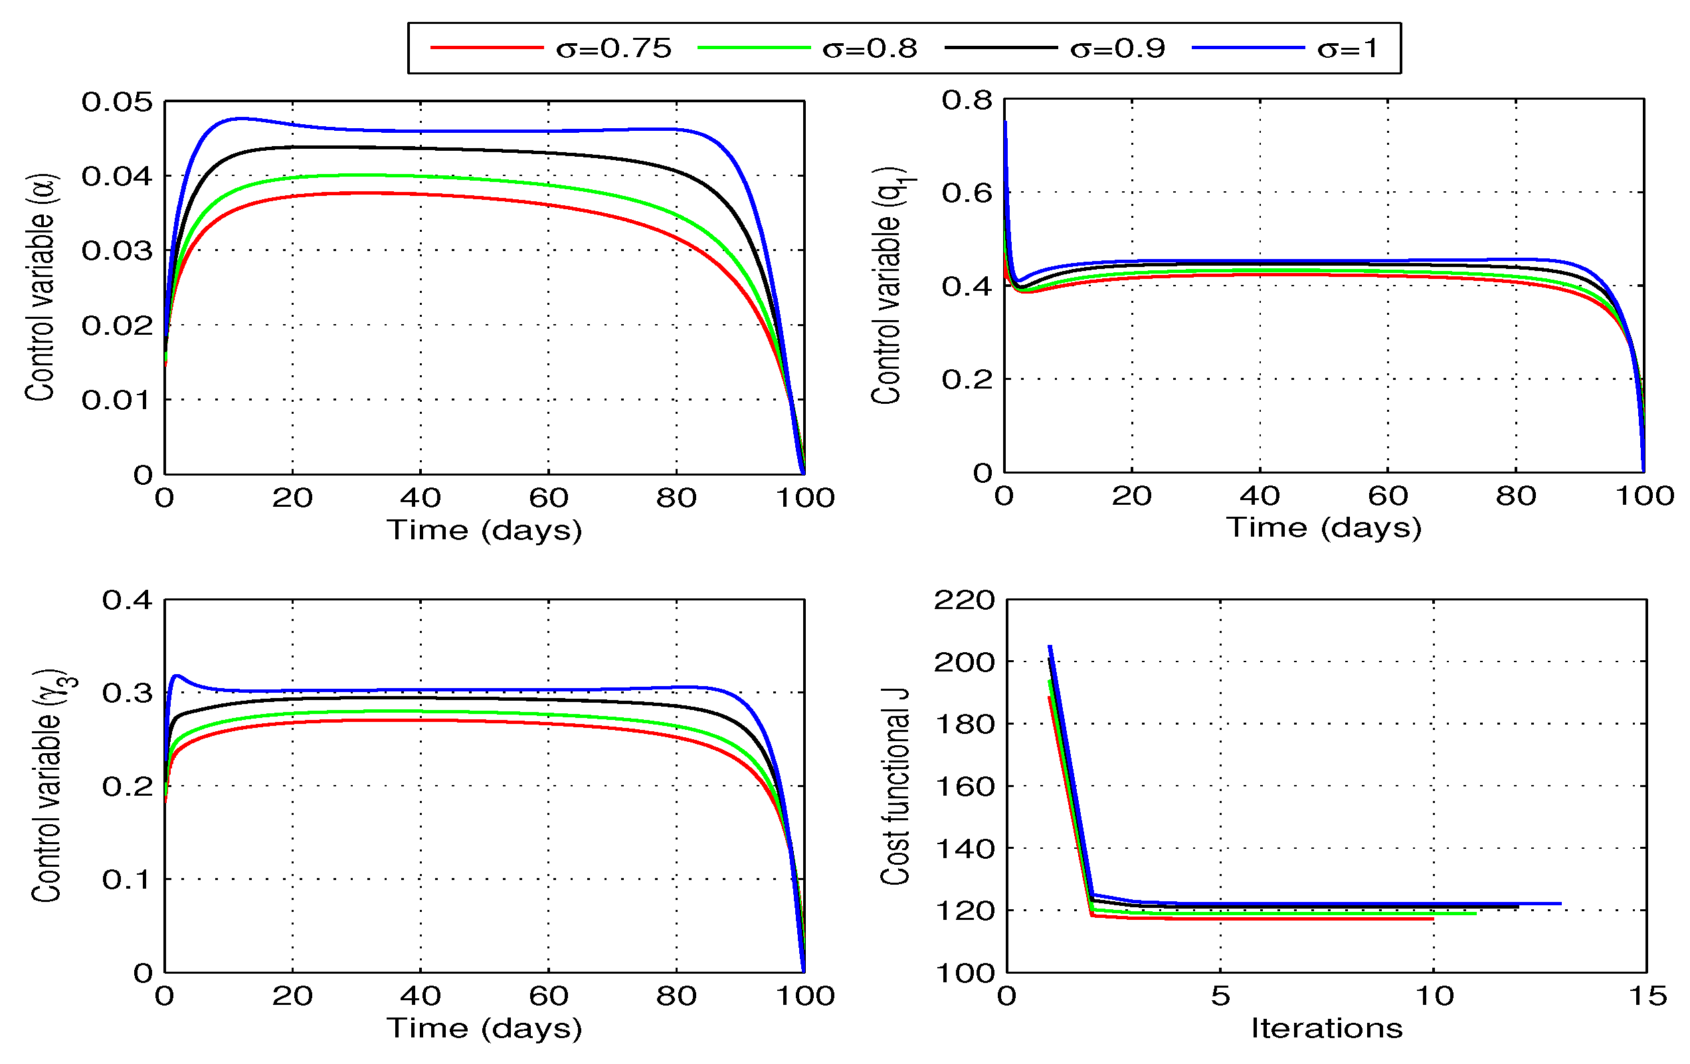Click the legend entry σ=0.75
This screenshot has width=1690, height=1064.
click(613, 48)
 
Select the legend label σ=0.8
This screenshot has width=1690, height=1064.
click(870, 48)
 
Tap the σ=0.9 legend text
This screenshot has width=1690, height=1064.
click(1117, 48)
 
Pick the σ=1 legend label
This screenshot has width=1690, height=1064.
click(1347, 48)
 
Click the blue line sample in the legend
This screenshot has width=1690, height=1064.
click(1248, 48)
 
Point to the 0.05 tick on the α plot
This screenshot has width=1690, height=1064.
click(116, 102)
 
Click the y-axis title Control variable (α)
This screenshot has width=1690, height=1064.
click(40, 288)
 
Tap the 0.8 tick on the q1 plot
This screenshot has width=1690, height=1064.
click(967, 100)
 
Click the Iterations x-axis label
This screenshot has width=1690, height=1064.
click(1327, 1029)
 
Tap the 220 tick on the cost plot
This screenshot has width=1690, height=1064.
click(964, 601)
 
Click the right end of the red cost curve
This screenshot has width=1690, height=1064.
click(1432, 919)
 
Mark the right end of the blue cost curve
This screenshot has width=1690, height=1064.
click(1560, 903)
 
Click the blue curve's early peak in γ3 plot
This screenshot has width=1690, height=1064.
click(177, 676)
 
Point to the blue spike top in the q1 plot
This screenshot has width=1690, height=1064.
click(1005, 122)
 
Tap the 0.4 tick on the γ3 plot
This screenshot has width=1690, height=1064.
click(127, 600)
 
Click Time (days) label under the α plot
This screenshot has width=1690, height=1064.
click(484, 530)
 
